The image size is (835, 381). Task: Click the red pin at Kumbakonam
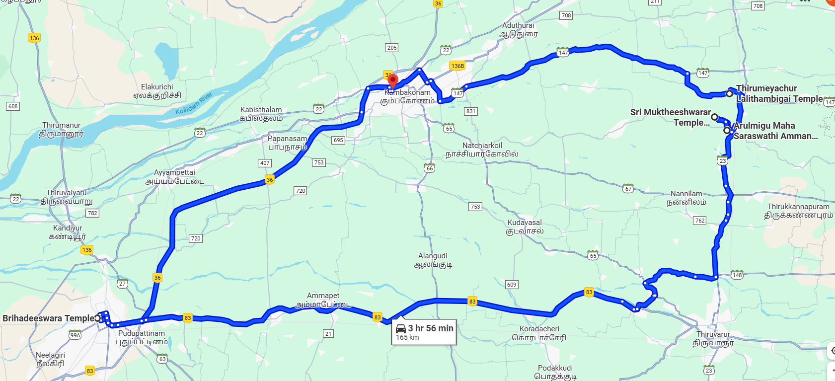coord(392,80)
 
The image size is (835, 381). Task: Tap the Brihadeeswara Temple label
coord(48,318)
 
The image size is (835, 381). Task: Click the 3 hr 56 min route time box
coord(424,332)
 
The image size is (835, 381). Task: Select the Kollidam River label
coord(194,103)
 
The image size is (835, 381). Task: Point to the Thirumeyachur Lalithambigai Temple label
coord(779,93)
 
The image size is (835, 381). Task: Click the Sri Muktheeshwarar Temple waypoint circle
coord(714,117)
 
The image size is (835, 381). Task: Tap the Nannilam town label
coord(686,198)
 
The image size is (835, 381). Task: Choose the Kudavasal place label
coord(525,227)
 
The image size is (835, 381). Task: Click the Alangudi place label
coord(433,260)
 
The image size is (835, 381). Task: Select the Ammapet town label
coord(323,300)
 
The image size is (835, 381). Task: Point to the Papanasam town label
coord(287,143)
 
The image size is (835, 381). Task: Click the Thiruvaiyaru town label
coord(67,197)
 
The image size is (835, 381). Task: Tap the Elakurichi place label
coord(157,91)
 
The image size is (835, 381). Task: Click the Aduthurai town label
coord(518,29)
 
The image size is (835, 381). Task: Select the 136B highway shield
coord(457,66)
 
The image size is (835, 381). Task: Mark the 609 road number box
coord(512,285)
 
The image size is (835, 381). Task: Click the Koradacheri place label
coord(539,333)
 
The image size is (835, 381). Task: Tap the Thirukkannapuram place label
coord(798,211)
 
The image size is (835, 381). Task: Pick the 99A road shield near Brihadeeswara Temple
coord(75,335)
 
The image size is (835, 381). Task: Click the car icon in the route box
coord(401,328)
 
